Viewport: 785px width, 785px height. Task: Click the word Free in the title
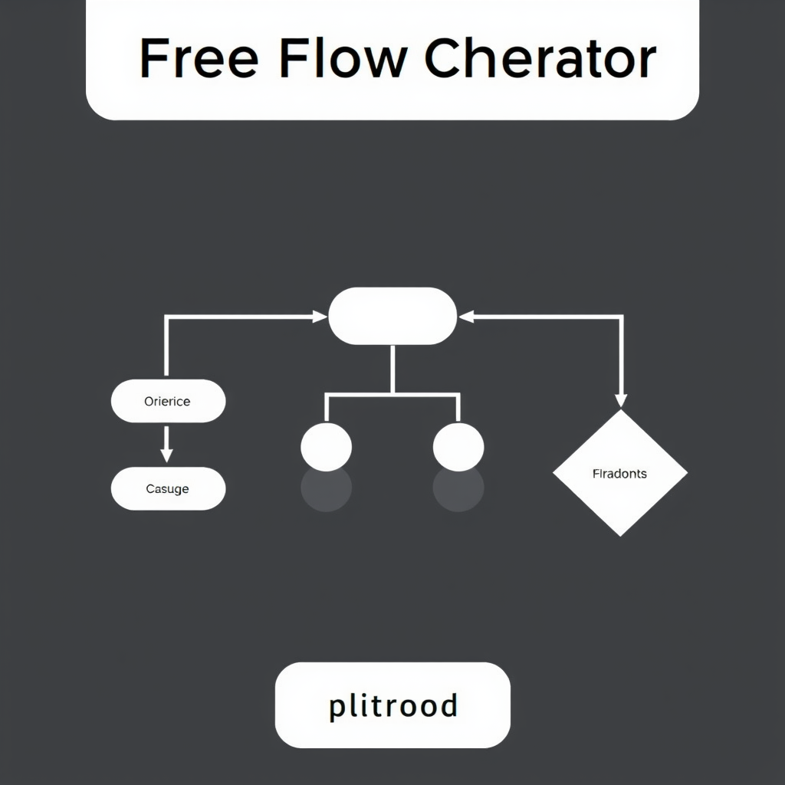(x=198, y=59)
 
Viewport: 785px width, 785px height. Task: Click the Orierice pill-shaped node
(x=168, y=401)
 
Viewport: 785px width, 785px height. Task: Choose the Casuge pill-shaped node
(x=168, y=488)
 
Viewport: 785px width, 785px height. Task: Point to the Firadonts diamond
(x=619, y=473)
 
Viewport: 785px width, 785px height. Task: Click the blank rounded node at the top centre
(x=392, y=316)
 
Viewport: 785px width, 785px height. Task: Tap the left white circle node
(x=327, y=446)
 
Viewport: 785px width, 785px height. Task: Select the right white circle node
(x=458, y=446)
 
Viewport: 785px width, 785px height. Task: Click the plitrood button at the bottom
(x=392, y=705)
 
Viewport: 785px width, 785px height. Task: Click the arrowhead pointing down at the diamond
(x=621, y=399)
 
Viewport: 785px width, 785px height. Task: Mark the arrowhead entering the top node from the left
(x=320, y=316)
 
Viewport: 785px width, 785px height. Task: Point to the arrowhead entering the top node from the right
(x=465, y=316)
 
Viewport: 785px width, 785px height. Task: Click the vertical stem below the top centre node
(x=392, y=369)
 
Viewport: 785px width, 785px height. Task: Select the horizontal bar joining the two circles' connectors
(x=392, y=395)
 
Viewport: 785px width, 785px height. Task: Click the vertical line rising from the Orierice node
(x=166, y=349)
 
